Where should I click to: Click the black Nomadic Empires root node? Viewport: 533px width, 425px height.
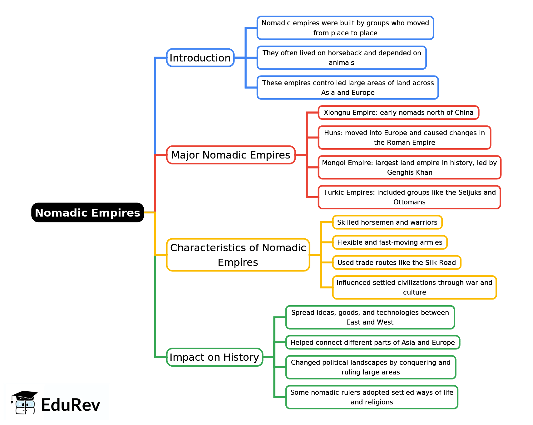87,212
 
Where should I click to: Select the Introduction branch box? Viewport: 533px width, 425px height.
200,58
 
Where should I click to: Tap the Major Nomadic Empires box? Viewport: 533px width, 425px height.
231,155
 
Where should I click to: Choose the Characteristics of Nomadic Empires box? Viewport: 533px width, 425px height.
238,255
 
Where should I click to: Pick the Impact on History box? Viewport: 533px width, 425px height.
214,357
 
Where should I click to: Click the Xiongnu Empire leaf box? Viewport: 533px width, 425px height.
398,112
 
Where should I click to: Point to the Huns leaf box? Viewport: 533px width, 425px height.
404,138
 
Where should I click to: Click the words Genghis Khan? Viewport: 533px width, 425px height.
410,172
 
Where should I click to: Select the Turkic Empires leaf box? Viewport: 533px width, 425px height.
409,197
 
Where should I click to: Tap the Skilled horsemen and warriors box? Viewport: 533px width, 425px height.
387,222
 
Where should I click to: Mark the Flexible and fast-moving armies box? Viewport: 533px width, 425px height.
390,242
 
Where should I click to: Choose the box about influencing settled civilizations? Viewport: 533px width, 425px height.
414,287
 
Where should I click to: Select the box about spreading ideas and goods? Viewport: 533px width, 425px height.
370,317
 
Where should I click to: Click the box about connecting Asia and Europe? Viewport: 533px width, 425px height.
373,342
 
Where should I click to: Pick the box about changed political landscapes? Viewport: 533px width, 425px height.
371,367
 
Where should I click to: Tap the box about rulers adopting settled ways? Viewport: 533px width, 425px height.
372,397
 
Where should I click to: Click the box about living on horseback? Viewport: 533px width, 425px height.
342,58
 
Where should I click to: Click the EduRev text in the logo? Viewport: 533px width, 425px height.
71,405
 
